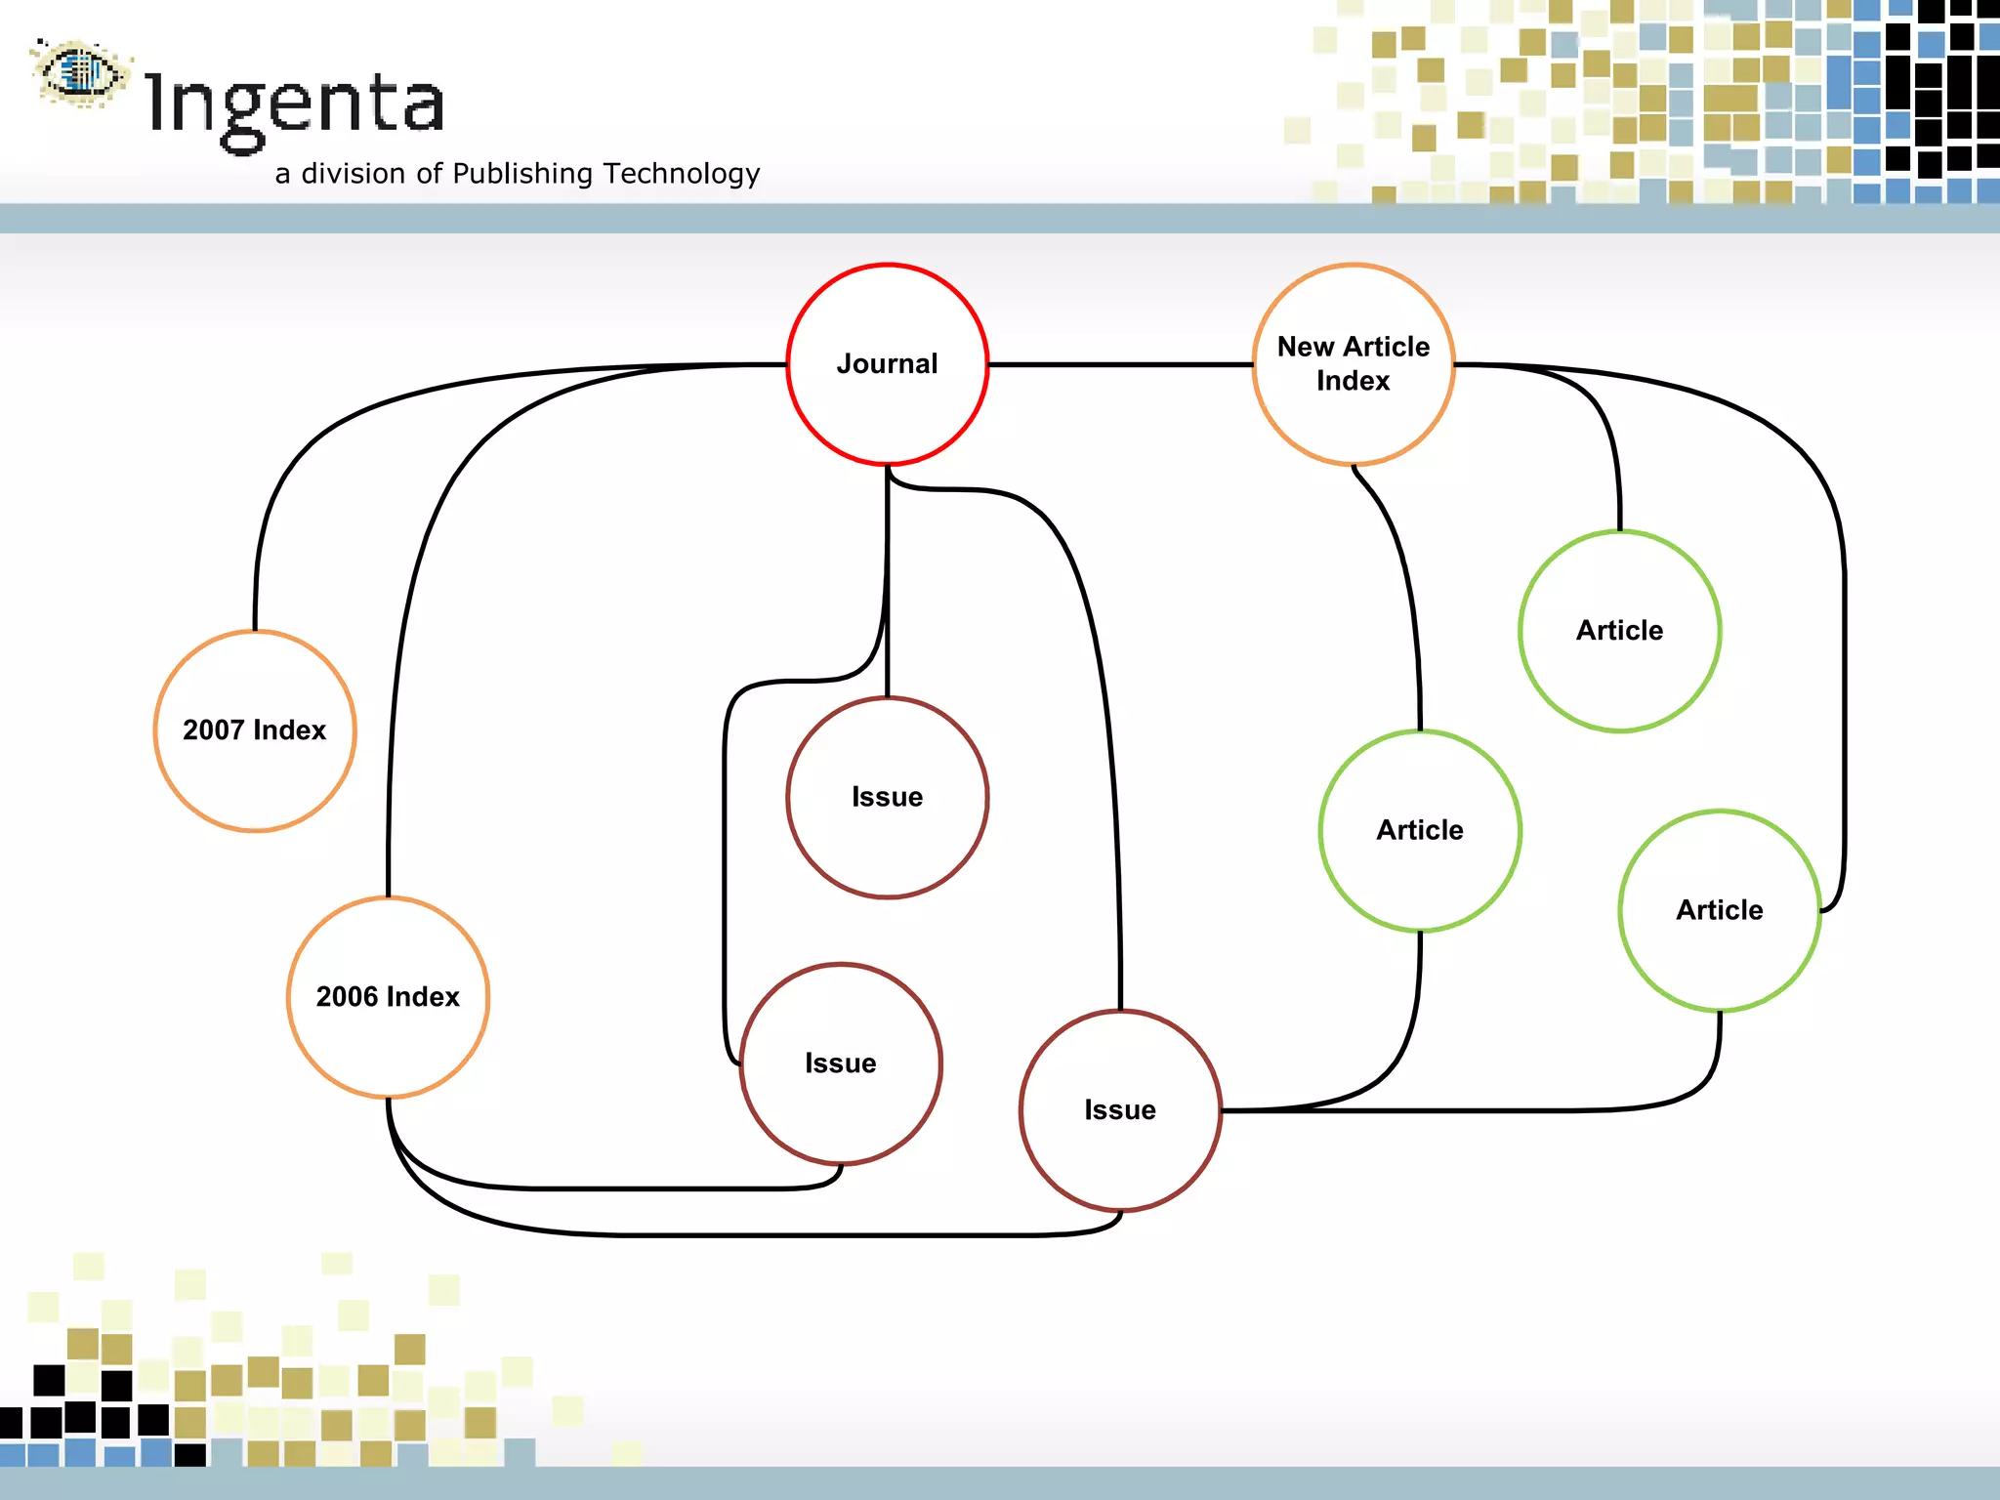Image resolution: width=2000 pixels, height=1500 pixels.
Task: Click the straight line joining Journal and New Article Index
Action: (x=1120, y=364)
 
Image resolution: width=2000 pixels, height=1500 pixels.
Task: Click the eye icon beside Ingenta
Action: (x=81, y=71)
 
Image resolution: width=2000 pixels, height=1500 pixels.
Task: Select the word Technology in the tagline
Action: (x=682, y=174)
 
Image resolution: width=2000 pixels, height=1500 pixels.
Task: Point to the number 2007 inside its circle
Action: (x=214, y=730)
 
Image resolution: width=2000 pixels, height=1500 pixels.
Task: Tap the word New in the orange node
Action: (x=1306, y=347)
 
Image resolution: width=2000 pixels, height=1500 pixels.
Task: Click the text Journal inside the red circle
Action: (x=887, y=364)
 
